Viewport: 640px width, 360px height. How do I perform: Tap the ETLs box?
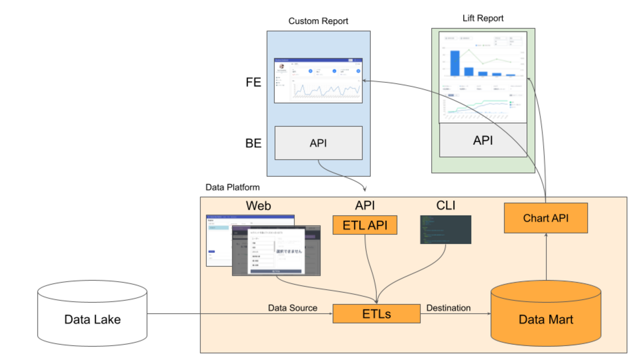[377, 314]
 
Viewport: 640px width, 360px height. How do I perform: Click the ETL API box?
[365, 226]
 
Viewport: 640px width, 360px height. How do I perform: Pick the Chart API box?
[545, 218]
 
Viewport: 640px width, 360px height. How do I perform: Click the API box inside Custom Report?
[318, 143]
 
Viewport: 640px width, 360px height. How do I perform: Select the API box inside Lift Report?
[482, 140]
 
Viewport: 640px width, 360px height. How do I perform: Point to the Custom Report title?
[318, 21]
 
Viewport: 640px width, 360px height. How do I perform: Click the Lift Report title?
[483, 18]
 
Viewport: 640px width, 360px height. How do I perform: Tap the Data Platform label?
[232, 188]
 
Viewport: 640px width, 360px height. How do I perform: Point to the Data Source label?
[292, 308]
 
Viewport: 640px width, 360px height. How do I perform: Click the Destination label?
[448, 308]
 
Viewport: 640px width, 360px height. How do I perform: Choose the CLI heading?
[446, 205]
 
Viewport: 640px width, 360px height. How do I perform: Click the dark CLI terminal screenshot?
[446, 229]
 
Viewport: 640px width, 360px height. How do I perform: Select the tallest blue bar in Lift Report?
[454, 63]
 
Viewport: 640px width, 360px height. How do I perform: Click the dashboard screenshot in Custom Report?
[318, 80]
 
